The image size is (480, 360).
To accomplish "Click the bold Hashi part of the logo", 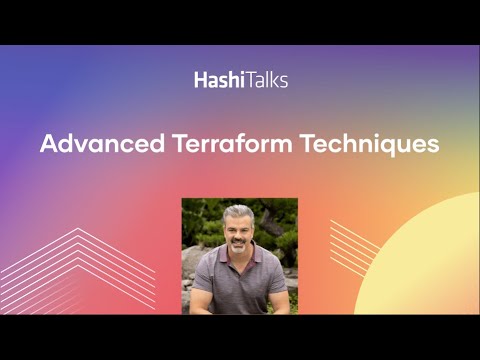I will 214,80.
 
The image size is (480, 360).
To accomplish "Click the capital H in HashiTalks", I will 201,80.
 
